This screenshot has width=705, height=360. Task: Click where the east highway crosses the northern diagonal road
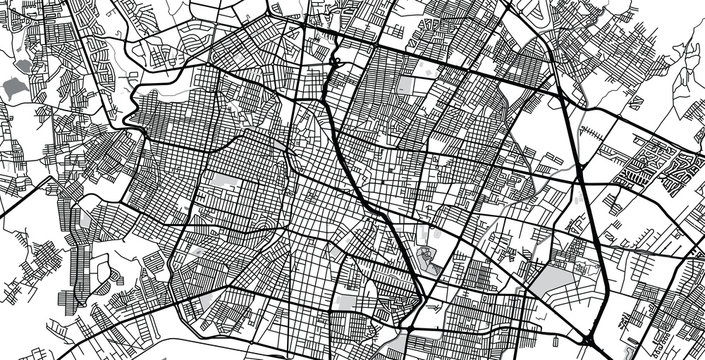point(560,97)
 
